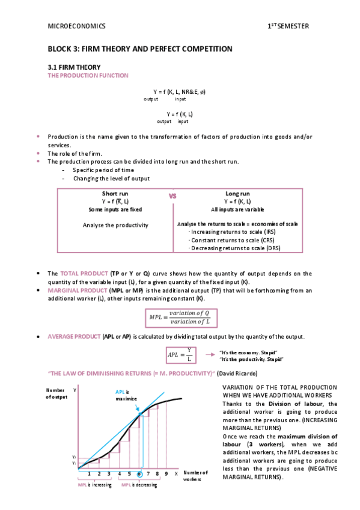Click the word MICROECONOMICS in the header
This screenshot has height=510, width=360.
[x=76, y=26]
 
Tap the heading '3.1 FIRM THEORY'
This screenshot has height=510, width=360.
[x=75, y=67]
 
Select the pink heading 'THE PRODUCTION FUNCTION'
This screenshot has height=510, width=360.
[x=88, y=75]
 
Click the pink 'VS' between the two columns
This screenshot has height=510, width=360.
[x=172, y=196]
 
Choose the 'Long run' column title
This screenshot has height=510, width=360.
[x=236, y=194]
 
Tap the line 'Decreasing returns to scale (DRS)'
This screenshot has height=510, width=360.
[x=234, y=248]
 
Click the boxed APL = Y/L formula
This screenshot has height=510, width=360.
[x=180, y=354]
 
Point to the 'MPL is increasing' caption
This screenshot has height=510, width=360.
[x=95, y=484]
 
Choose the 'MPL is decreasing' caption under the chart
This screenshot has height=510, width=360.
[x=139, y=484]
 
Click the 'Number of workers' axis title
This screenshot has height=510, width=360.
[x=195, y=476]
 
